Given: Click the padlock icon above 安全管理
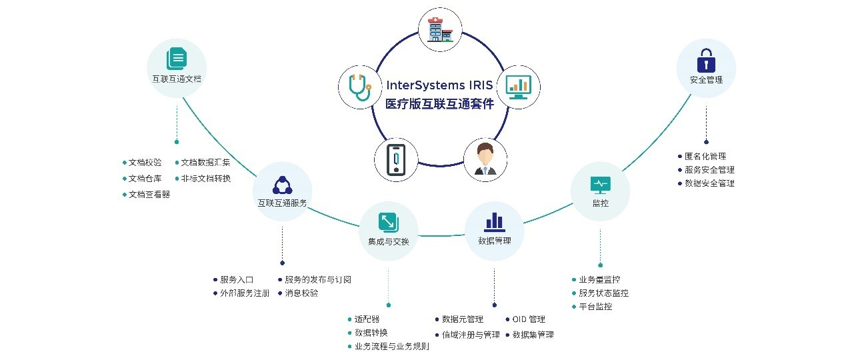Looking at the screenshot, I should click(706, 62).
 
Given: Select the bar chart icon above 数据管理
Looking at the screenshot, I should click(494, 221).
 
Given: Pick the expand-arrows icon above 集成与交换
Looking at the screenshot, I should click(388, 222).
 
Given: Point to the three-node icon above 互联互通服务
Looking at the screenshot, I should click(282, 185).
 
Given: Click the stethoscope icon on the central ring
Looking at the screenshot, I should click(359, 87).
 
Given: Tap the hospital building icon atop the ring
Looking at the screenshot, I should click(439, 29).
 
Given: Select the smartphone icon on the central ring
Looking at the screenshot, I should click(397, 160).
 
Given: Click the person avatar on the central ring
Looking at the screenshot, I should click(485, 159).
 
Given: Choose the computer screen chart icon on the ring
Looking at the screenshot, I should click(518, 86).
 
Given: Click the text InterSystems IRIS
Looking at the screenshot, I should click(440, 86).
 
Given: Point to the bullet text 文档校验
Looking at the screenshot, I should click(145, 163).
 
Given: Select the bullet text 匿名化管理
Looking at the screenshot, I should click(705, 157).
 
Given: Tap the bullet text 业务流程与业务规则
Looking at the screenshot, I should click(391, 347).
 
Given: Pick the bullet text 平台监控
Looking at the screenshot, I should click(595, 307).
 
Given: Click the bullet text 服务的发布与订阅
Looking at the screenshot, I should click(317, 280).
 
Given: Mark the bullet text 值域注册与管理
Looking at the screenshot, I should click(470, 335).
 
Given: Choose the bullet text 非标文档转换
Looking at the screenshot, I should click(206, 179).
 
